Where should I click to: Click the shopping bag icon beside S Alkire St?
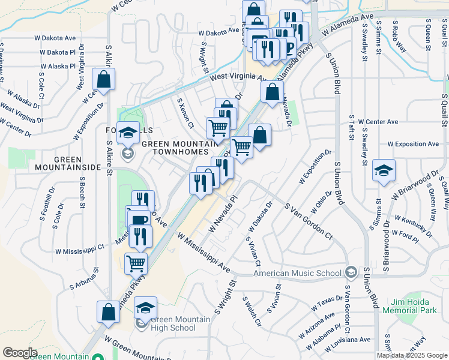pos(103,79)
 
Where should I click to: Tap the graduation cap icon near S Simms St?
pos(384,170)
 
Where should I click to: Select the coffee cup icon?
pos(139,220)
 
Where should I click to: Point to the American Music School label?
pos(297,273)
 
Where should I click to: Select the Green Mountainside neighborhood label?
pos(67,163)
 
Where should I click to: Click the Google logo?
pos(20,352)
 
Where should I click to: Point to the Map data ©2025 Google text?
pos(411,355)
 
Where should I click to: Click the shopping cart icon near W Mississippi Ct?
pos(136,263)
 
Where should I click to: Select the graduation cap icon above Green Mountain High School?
pos(145,308)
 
